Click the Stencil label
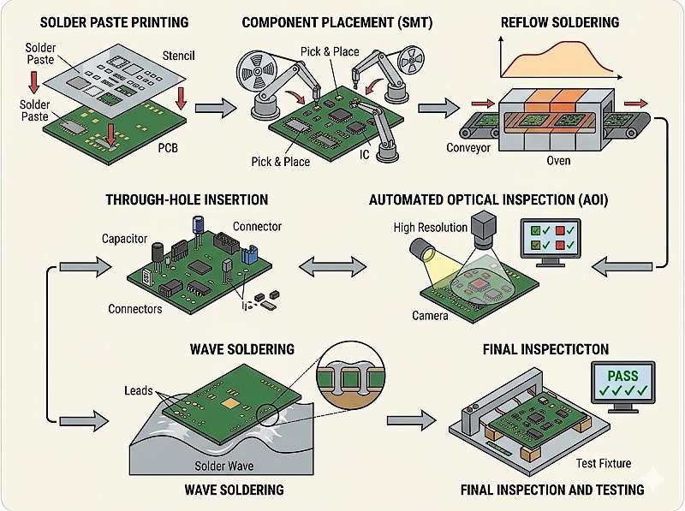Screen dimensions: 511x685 click(178, 56)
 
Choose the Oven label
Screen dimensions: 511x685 click(559, 160)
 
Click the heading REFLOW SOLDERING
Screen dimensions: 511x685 click(558, 21)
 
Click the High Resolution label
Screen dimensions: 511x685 click(431, 228)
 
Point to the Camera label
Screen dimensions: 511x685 click(430, 316)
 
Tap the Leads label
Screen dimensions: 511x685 click(138, 391)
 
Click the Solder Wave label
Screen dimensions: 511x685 click(224, 465)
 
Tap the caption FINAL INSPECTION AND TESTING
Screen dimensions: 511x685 click(552, 490)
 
